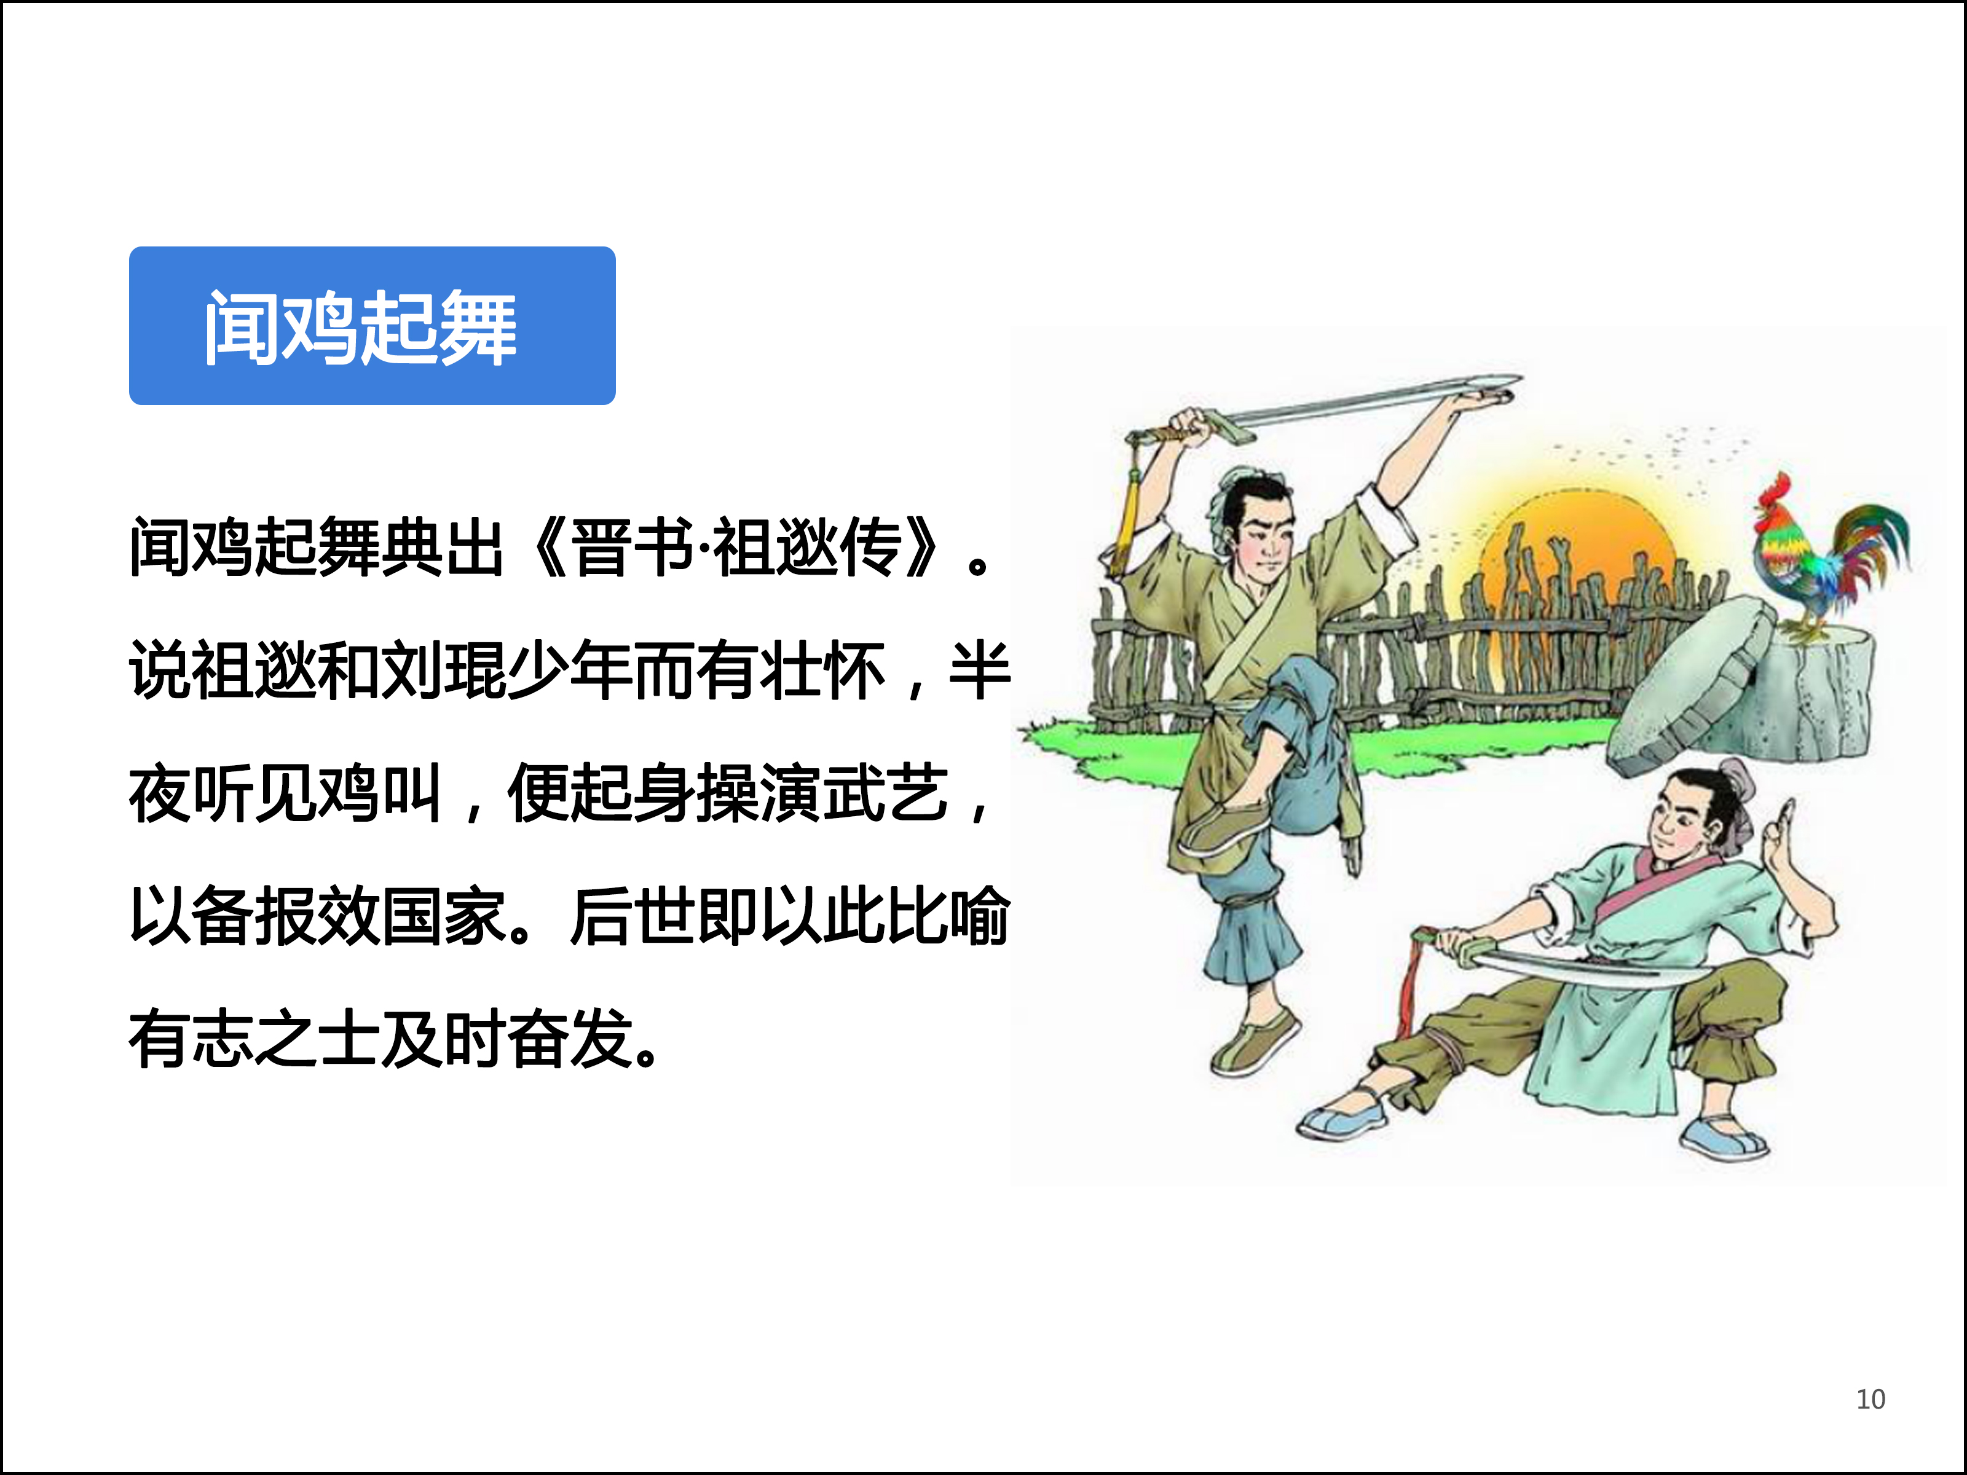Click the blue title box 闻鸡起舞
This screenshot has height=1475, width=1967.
[372, 325]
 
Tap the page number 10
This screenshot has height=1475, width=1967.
[1870, 1399]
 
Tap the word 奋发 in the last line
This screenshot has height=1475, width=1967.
[570, 1039]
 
